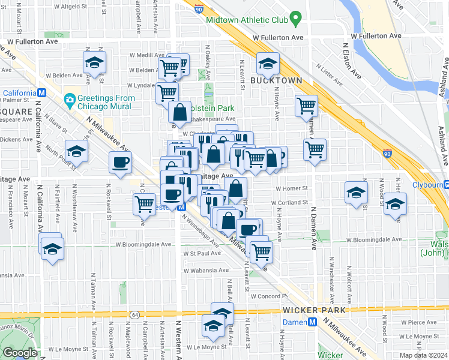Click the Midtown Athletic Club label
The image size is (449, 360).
coord(247,19)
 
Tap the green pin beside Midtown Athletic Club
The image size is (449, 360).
coord(295,19)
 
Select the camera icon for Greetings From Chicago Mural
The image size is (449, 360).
coord(70,99)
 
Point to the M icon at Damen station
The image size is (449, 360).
coord(312,322)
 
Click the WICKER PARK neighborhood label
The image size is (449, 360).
coord(314,310)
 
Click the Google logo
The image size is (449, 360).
coord(20,353)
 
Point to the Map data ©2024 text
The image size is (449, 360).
coord(423,355)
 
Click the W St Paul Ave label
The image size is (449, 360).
coord(202,253)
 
